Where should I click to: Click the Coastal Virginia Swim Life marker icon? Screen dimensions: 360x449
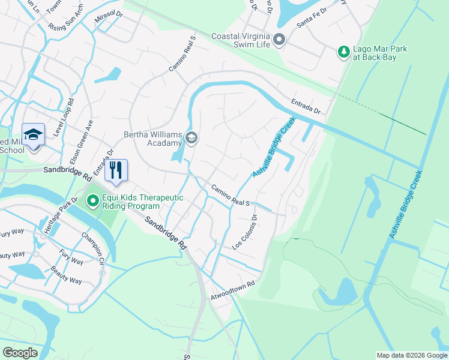279,40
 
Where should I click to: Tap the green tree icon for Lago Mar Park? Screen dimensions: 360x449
344,52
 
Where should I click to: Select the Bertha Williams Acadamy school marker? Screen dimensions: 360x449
191,139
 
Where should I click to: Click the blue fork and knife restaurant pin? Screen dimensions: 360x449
116,170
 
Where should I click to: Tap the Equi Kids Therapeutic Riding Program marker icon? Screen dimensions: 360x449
92,200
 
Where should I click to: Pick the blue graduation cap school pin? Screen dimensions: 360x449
33,134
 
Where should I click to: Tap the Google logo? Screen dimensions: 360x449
20,352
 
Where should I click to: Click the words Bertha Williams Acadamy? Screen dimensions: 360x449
153,139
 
